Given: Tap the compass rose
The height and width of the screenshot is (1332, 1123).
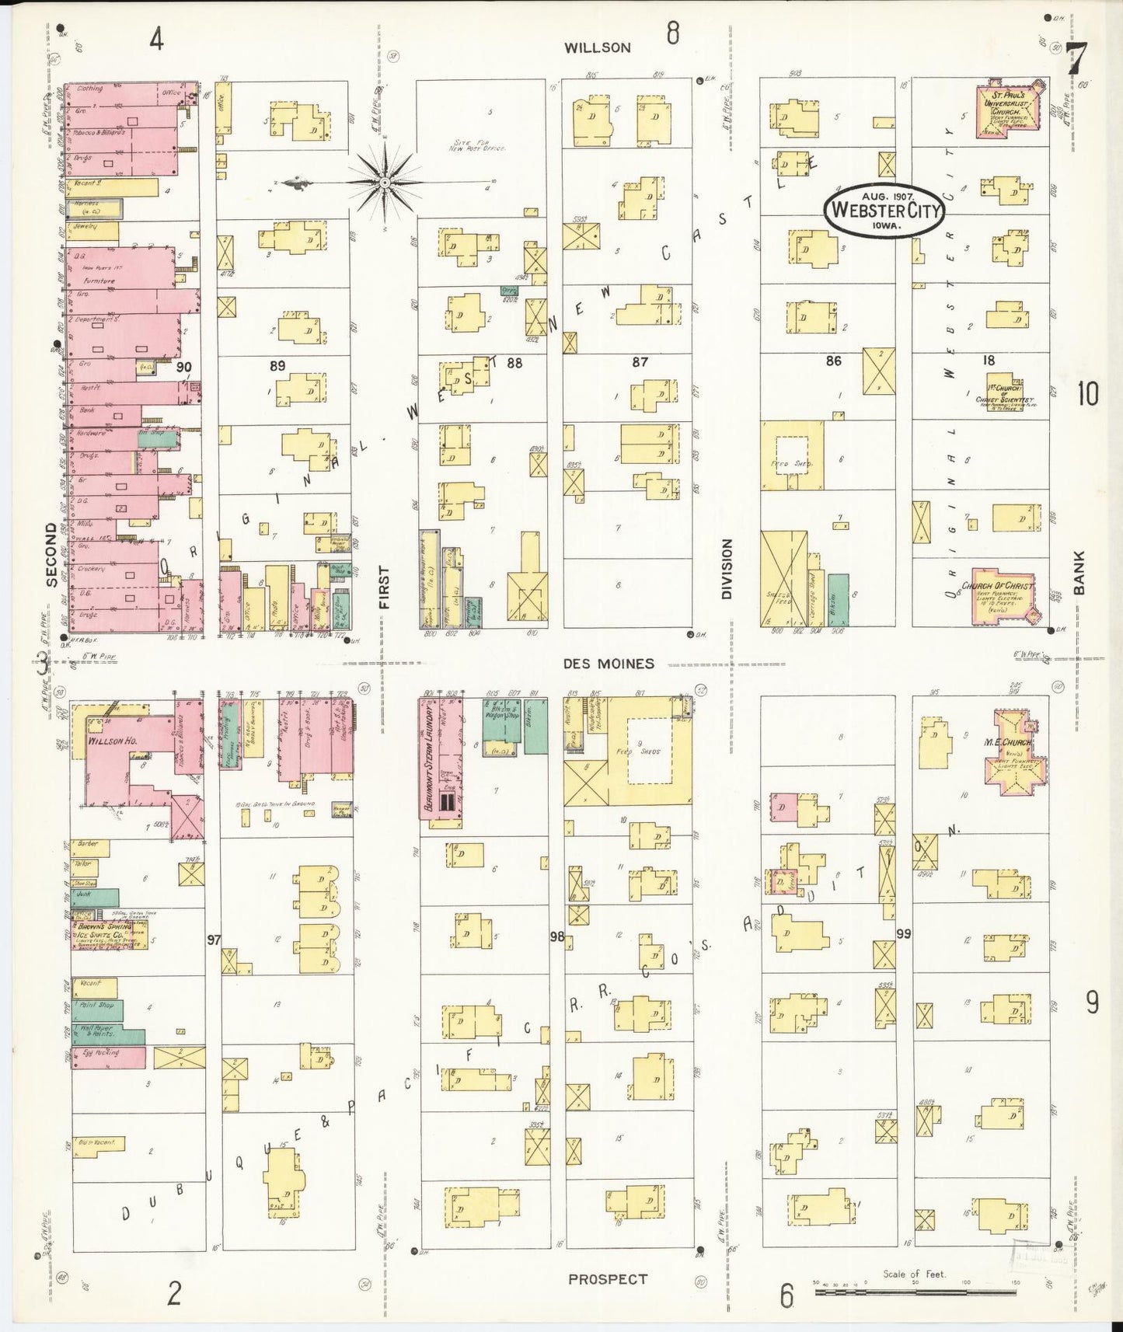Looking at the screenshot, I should [x=385, y=183].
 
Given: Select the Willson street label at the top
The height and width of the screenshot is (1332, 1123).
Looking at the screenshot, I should [x=597, y=47].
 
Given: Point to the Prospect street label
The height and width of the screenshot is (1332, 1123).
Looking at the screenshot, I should [x=607, y=1278].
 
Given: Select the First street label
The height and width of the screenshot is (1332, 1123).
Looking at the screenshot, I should [x=383, y=587].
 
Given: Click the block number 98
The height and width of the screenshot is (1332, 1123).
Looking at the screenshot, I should [x=556, y=936].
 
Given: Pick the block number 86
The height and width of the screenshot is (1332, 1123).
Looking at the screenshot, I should [x=833, y=361].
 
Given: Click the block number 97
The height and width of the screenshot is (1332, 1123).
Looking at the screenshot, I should [x=214, y=940].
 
